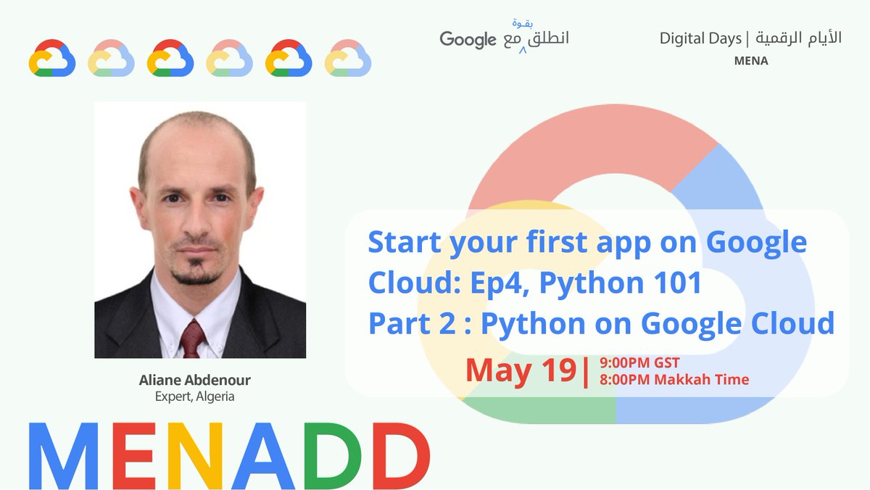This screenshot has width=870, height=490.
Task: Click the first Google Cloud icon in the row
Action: click(x=52, y=58)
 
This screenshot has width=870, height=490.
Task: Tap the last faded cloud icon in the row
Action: click(x=348, y=58)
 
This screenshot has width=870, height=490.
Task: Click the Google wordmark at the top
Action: click(x=468, y=39)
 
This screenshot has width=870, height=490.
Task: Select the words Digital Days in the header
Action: click(x=700, y=38)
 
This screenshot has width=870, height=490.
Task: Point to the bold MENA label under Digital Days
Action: click(x=751, y=61)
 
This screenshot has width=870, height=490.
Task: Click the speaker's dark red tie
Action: click(x=193, y=339)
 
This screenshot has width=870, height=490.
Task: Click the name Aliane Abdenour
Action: click(x=195, y=381)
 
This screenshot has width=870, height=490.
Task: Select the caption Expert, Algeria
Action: click(x=195, y=396)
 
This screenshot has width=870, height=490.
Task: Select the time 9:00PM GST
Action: click(x=640, y=363)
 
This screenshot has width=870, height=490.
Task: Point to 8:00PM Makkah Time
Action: click(x=674, y=379)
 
